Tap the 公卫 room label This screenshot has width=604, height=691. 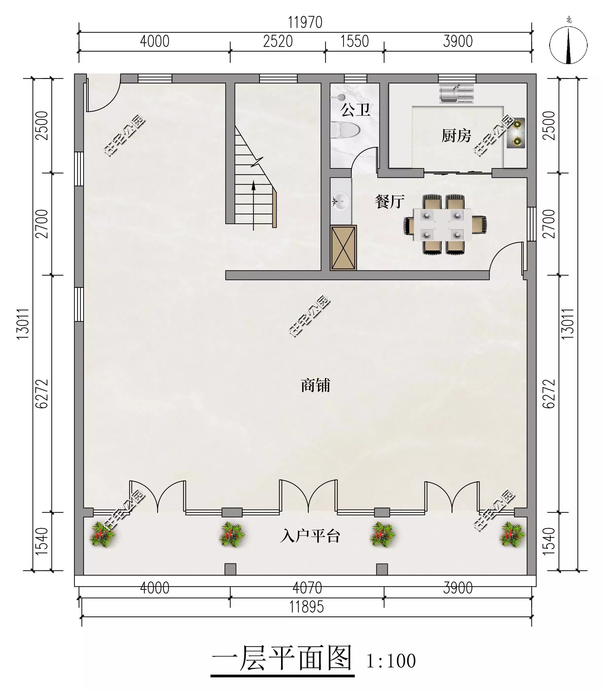(356, 110)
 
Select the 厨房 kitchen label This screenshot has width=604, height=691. (456, 135)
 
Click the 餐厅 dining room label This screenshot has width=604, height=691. (390, 202)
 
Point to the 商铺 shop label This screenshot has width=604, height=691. (316, 385)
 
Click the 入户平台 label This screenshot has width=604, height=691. (310, 536)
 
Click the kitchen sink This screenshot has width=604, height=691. (457, 93)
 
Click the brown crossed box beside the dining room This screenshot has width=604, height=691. (343, 248)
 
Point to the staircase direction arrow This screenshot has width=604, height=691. (253, 205)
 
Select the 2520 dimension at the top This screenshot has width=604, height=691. (278, 41)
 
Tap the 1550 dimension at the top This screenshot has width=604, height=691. (355, 41)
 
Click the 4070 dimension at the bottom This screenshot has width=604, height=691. (307, 588)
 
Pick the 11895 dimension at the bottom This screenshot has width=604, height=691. (307, 607)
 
